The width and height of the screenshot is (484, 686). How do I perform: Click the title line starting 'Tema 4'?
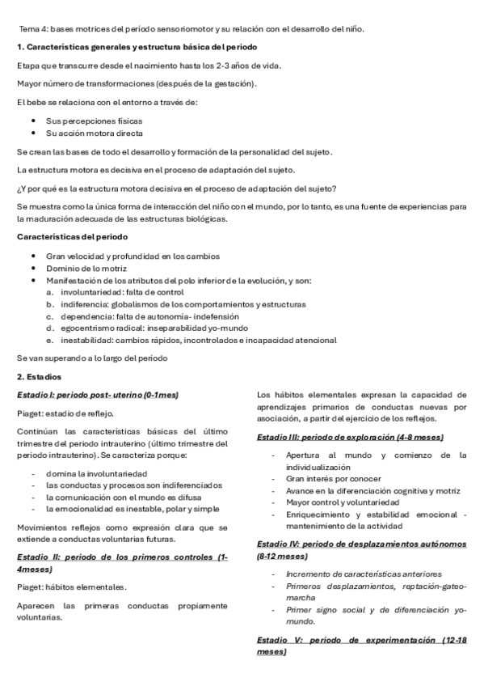coord(191,29)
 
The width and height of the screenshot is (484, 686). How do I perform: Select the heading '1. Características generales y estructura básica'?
coord(137,47)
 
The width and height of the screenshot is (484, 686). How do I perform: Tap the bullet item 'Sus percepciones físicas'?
coord(89,119)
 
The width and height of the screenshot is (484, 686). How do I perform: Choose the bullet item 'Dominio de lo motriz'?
coord(86,268)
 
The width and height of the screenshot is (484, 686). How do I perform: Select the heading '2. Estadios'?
coord(40,377)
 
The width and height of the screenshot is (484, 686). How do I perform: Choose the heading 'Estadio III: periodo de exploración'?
coord(349,437)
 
